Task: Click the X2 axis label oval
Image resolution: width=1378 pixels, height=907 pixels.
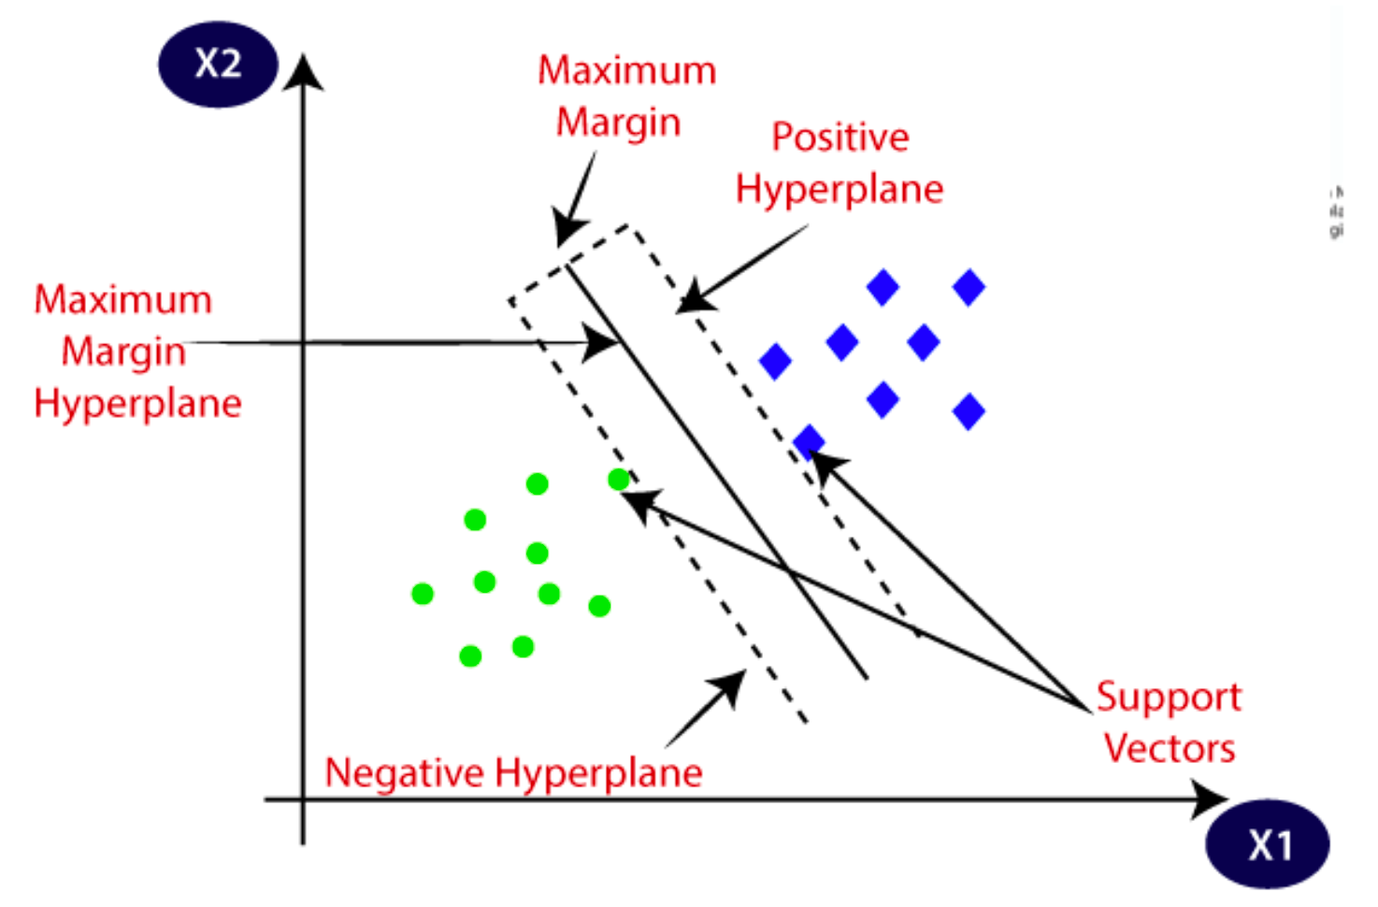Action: coord(218,64)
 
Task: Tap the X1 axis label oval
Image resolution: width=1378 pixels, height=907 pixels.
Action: coord(1268,844)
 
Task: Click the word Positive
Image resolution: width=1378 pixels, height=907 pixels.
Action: coord(840,137)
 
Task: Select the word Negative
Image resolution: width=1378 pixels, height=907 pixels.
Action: coord(404,773)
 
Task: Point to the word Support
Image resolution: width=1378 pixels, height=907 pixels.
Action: coord(1168,697)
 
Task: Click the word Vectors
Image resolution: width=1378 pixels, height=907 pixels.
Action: coord(1169,748)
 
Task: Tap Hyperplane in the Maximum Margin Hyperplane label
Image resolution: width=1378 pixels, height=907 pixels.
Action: coord(137,404)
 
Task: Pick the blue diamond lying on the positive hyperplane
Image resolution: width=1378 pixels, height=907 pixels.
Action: coord(809,440)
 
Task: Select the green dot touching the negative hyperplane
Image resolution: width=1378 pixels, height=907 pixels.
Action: coord(619,480)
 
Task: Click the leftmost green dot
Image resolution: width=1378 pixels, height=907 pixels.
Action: coord(423,593)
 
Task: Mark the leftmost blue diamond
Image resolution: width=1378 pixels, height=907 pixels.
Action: coord(775,361)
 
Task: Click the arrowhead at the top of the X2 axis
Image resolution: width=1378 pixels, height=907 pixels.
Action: coord(303,72)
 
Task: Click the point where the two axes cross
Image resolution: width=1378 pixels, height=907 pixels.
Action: coord(303,799)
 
